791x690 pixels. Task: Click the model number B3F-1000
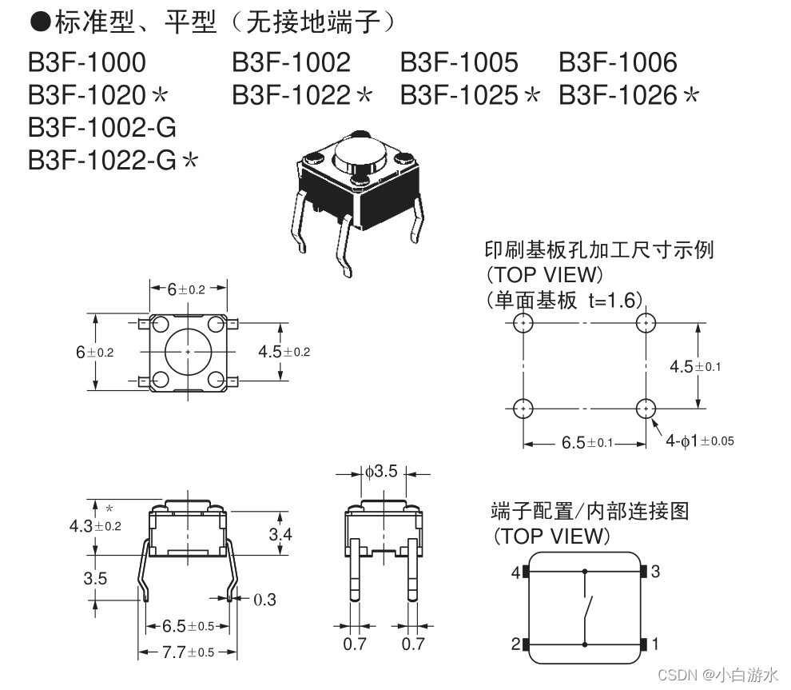coord(87,62)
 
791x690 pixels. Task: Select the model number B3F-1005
coord(459,62)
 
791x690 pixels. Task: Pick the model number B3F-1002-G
coord(101,127)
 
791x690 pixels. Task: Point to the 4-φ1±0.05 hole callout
coord(700,441)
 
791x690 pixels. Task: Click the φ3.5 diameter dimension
coord(381,472)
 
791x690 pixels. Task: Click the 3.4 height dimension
coord(280,533)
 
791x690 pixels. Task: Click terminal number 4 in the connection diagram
coord(515,572)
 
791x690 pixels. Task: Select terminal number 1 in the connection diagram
coord(655,644)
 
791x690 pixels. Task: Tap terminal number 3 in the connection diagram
coord(655,572)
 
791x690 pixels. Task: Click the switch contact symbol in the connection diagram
coord(588,608)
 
